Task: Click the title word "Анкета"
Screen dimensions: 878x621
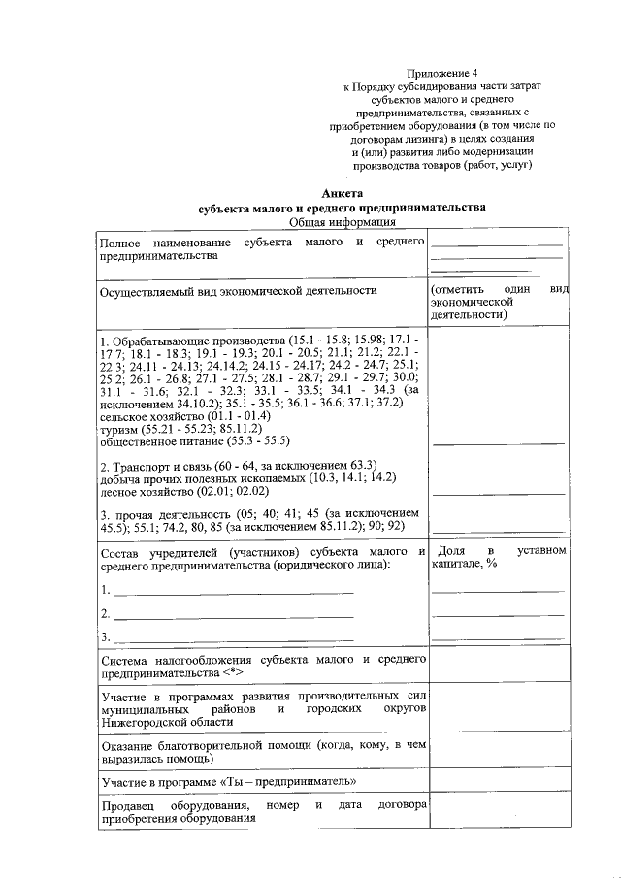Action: click(x=341, y=195)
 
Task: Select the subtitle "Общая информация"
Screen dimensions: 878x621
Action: click(x=341, y=222)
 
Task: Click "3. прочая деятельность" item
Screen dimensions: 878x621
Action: click(x=171, y=512)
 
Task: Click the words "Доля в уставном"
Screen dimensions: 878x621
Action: click(x=498, y=551)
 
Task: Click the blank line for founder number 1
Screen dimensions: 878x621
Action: click(x=233, y=590)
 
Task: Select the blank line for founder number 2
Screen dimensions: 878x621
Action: click(x=233, y=614)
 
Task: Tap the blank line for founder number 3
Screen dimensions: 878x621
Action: click(x=233, y=637)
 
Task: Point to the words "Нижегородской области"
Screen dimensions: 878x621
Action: click(x=167, y=722)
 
